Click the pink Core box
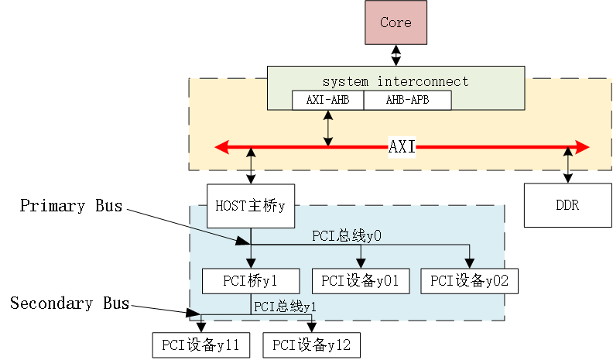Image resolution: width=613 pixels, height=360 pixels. click(396, 22)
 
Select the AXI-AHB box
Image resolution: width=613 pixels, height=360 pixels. click(327, 101)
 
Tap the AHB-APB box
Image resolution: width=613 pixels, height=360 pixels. click(406, 101)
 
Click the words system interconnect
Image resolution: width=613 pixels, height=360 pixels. click(396, 81)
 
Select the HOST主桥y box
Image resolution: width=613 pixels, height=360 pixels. click(250, 205)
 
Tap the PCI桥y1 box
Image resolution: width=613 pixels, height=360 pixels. click(250, 281)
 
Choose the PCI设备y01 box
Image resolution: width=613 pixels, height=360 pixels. click(360, 281)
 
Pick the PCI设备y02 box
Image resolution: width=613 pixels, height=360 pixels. click(469, 281)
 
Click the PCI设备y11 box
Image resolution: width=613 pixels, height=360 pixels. click(201, 345)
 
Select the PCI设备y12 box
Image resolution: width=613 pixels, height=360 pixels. click(311, 345)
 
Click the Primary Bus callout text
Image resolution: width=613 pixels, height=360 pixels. click(71, 206)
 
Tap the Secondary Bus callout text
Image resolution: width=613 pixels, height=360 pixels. click(70, 303)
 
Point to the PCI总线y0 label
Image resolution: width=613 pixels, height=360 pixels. click(347, 235)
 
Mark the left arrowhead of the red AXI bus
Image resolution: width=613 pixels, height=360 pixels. click(221, 147)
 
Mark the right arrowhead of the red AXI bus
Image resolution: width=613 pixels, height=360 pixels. click(584, 147)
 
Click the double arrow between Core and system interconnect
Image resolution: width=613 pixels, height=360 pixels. click(396, 55)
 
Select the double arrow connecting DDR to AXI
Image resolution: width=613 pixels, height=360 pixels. click(569, 165)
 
